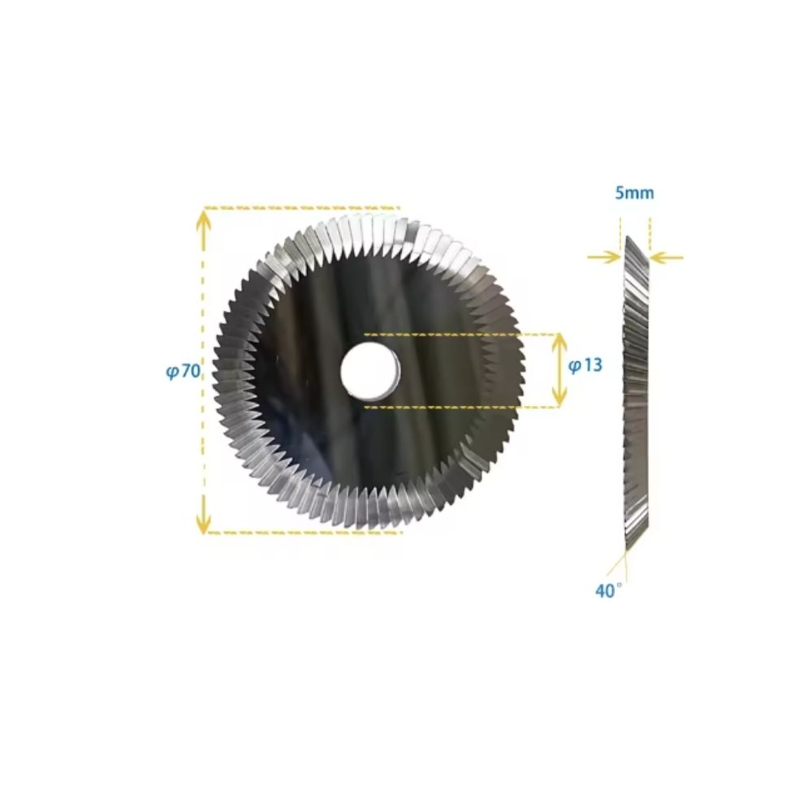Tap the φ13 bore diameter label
tap(585, 365)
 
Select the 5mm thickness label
tap(634, 193)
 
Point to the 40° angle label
tap(608, 590)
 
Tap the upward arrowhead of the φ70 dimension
tap(204, 219)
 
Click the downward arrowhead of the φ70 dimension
tap(204, 521)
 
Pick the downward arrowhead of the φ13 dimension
tap(559, 395)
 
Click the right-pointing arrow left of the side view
tap(604, 257)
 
